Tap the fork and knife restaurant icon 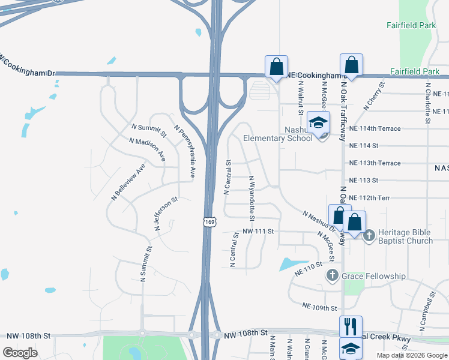tap(351, 327)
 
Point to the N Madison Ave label tap(147, 149)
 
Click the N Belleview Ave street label tap(128, 181)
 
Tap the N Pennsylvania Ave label tap(185, 142)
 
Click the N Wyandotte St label tap(252, 197)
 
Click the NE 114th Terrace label tap(375, 128)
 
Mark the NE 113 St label tap(364, 180)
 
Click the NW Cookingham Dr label tap(28, 67)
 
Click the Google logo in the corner tap(20, 353)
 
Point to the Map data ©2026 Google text tap(412, 355)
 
